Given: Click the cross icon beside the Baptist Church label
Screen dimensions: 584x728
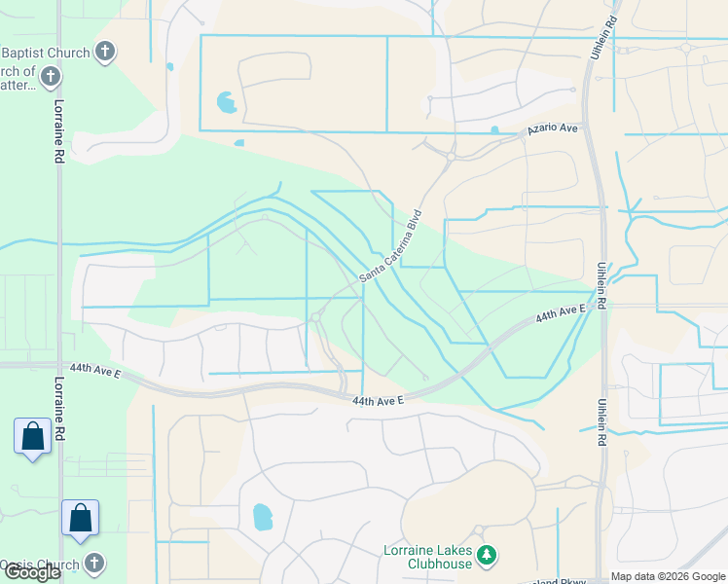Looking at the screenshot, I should click(106, 52).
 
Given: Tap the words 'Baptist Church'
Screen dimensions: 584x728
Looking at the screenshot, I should click(45, 53).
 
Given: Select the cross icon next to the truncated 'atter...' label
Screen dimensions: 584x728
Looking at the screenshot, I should click(52, 76).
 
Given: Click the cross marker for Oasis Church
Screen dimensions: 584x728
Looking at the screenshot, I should click(94, 563).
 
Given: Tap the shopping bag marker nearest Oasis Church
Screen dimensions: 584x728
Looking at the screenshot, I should click(81, 518).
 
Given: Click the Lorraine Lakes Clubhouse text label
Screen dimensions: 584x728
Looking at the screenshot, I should click(428, 558).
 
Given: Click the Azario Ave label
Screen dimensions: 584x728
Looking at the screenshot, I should click(554, 128).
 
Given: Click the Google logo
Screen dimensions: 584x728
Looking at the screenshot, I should click(31, 572).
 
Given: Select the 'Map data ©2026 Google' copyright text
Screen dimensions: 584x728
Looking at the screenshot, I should click(669, 576).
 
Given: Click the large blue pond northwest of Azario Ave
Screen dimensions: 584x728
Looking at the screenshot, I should click(226, 101).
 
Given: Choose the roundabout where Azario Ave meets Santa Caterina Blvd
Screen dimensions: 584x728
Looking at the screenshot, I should click(451, 154).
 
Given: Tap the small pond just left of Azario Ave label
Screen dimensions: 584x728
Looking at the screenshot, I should click(494, 129).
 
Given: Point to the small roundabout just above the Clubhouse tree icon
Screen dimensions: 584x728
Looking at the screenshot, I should click(479, 530).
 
